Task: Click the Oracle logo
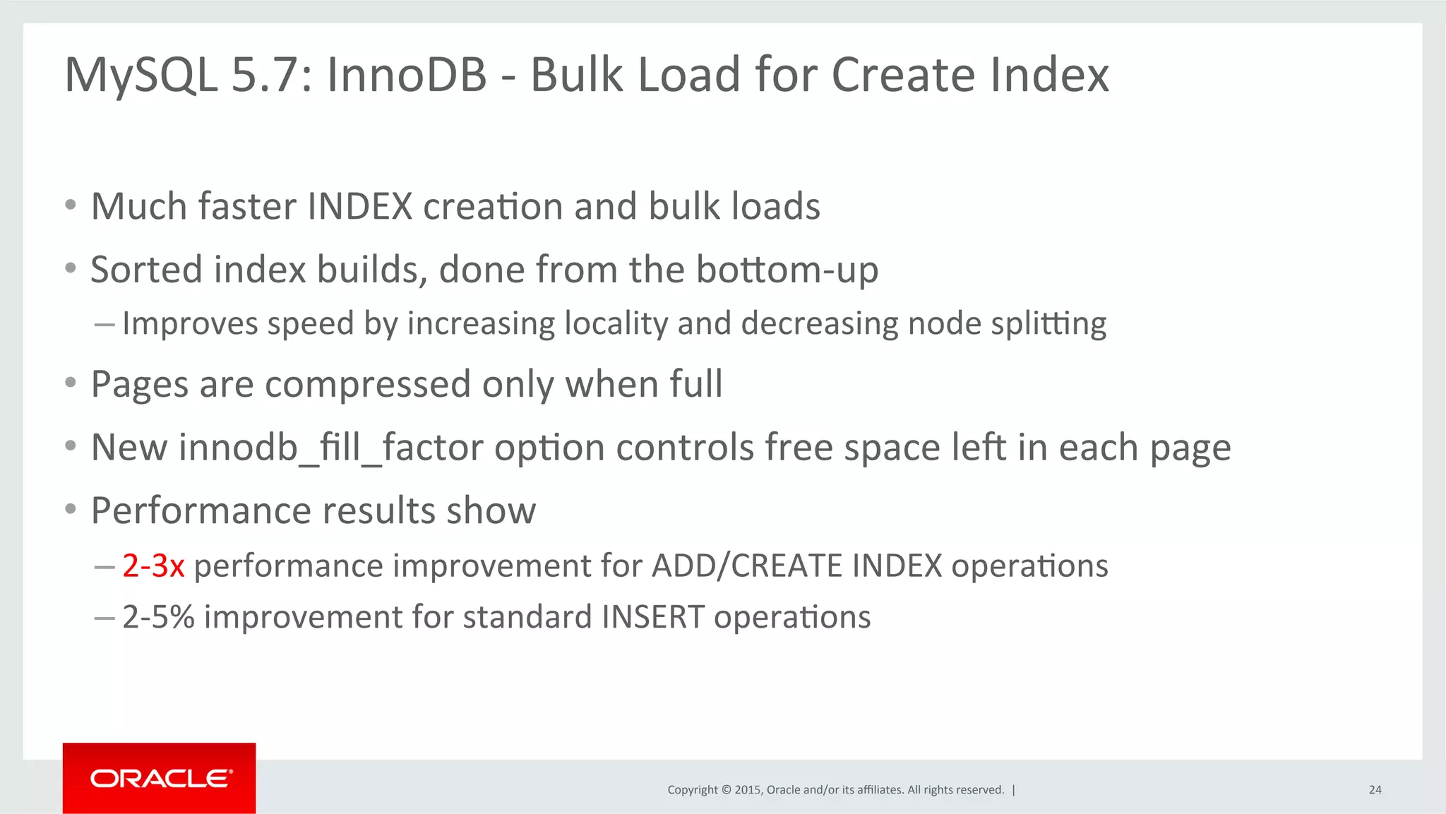(x=160, y=778)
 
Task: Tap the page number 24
(x=1375, y=790)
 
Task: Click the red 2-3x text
(x=153, y=565)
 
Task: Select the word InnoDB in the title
(x=407, y=74)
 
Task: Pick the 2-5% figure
(x=158, y=617)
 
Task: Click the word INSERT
(x=653, y=617)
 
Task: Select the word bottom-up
(x=787, y=270)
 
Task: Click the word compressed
(x=367, y=385)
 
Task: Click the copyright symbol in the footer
(x=725, y=790)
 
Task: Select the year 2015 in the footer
(x=747, y=790)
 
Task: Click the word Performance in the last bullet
(x=202, y=510)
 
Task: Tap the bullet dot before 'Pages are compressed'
(x=70, y=383)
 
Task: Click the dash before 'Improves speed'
(x=104, y=325)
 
